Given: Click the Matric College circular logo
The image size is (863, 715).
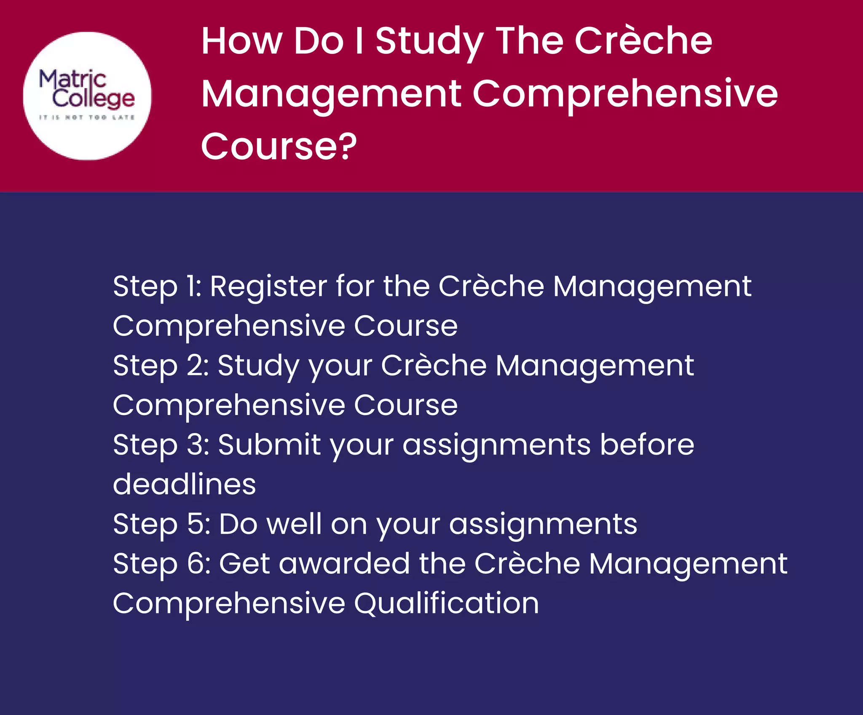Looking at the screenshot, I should [87, 96].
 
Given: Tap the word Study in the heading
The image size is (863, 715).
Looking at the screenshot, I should [429, 42].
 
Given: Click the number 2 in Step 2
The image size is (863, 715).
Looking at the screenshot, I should [196, 366].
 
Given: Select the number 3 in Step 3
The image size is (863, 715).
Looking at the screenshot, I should [196, 445].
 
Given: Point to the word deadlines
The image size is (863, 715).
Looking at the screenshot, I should [185, 485].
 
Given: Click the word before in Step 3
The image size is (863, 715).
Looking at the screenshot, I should [647, 445].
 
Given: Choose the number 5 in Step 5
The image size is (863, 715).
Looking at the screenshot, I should [196, 525].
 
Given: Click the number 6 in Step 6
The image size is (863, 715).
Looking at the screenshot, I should [197, 564].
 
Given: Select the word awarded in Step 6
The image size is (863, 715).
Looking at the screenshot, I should [344, 564].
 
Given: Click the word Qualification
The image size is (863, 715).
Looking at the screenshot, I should [446, 604].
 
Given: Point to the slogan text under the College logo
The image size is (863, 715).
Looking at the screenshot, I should [87, 118].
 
